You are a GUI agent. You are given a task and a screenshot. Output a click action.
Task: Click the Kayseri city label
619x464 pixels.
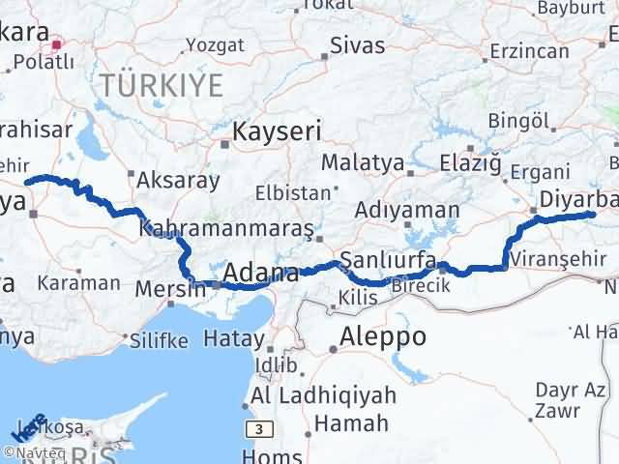coord(271,129)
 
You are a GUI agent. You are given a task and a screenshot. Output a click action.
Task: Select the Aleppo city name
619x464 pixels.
coord(383,337)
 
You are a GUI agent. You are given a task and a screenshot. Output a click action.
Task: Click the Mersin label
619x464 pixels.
coord(170,288)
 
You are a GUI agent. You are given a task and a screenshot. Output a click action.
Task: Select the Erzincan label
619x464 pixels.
coord(528,49)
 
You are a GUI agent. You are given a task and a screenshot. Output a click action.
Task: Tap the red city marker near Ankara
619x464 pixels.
coord(57,43)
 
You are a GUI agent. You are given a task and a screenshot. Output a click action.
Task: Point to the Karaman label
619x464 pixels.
coord(79,283)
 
